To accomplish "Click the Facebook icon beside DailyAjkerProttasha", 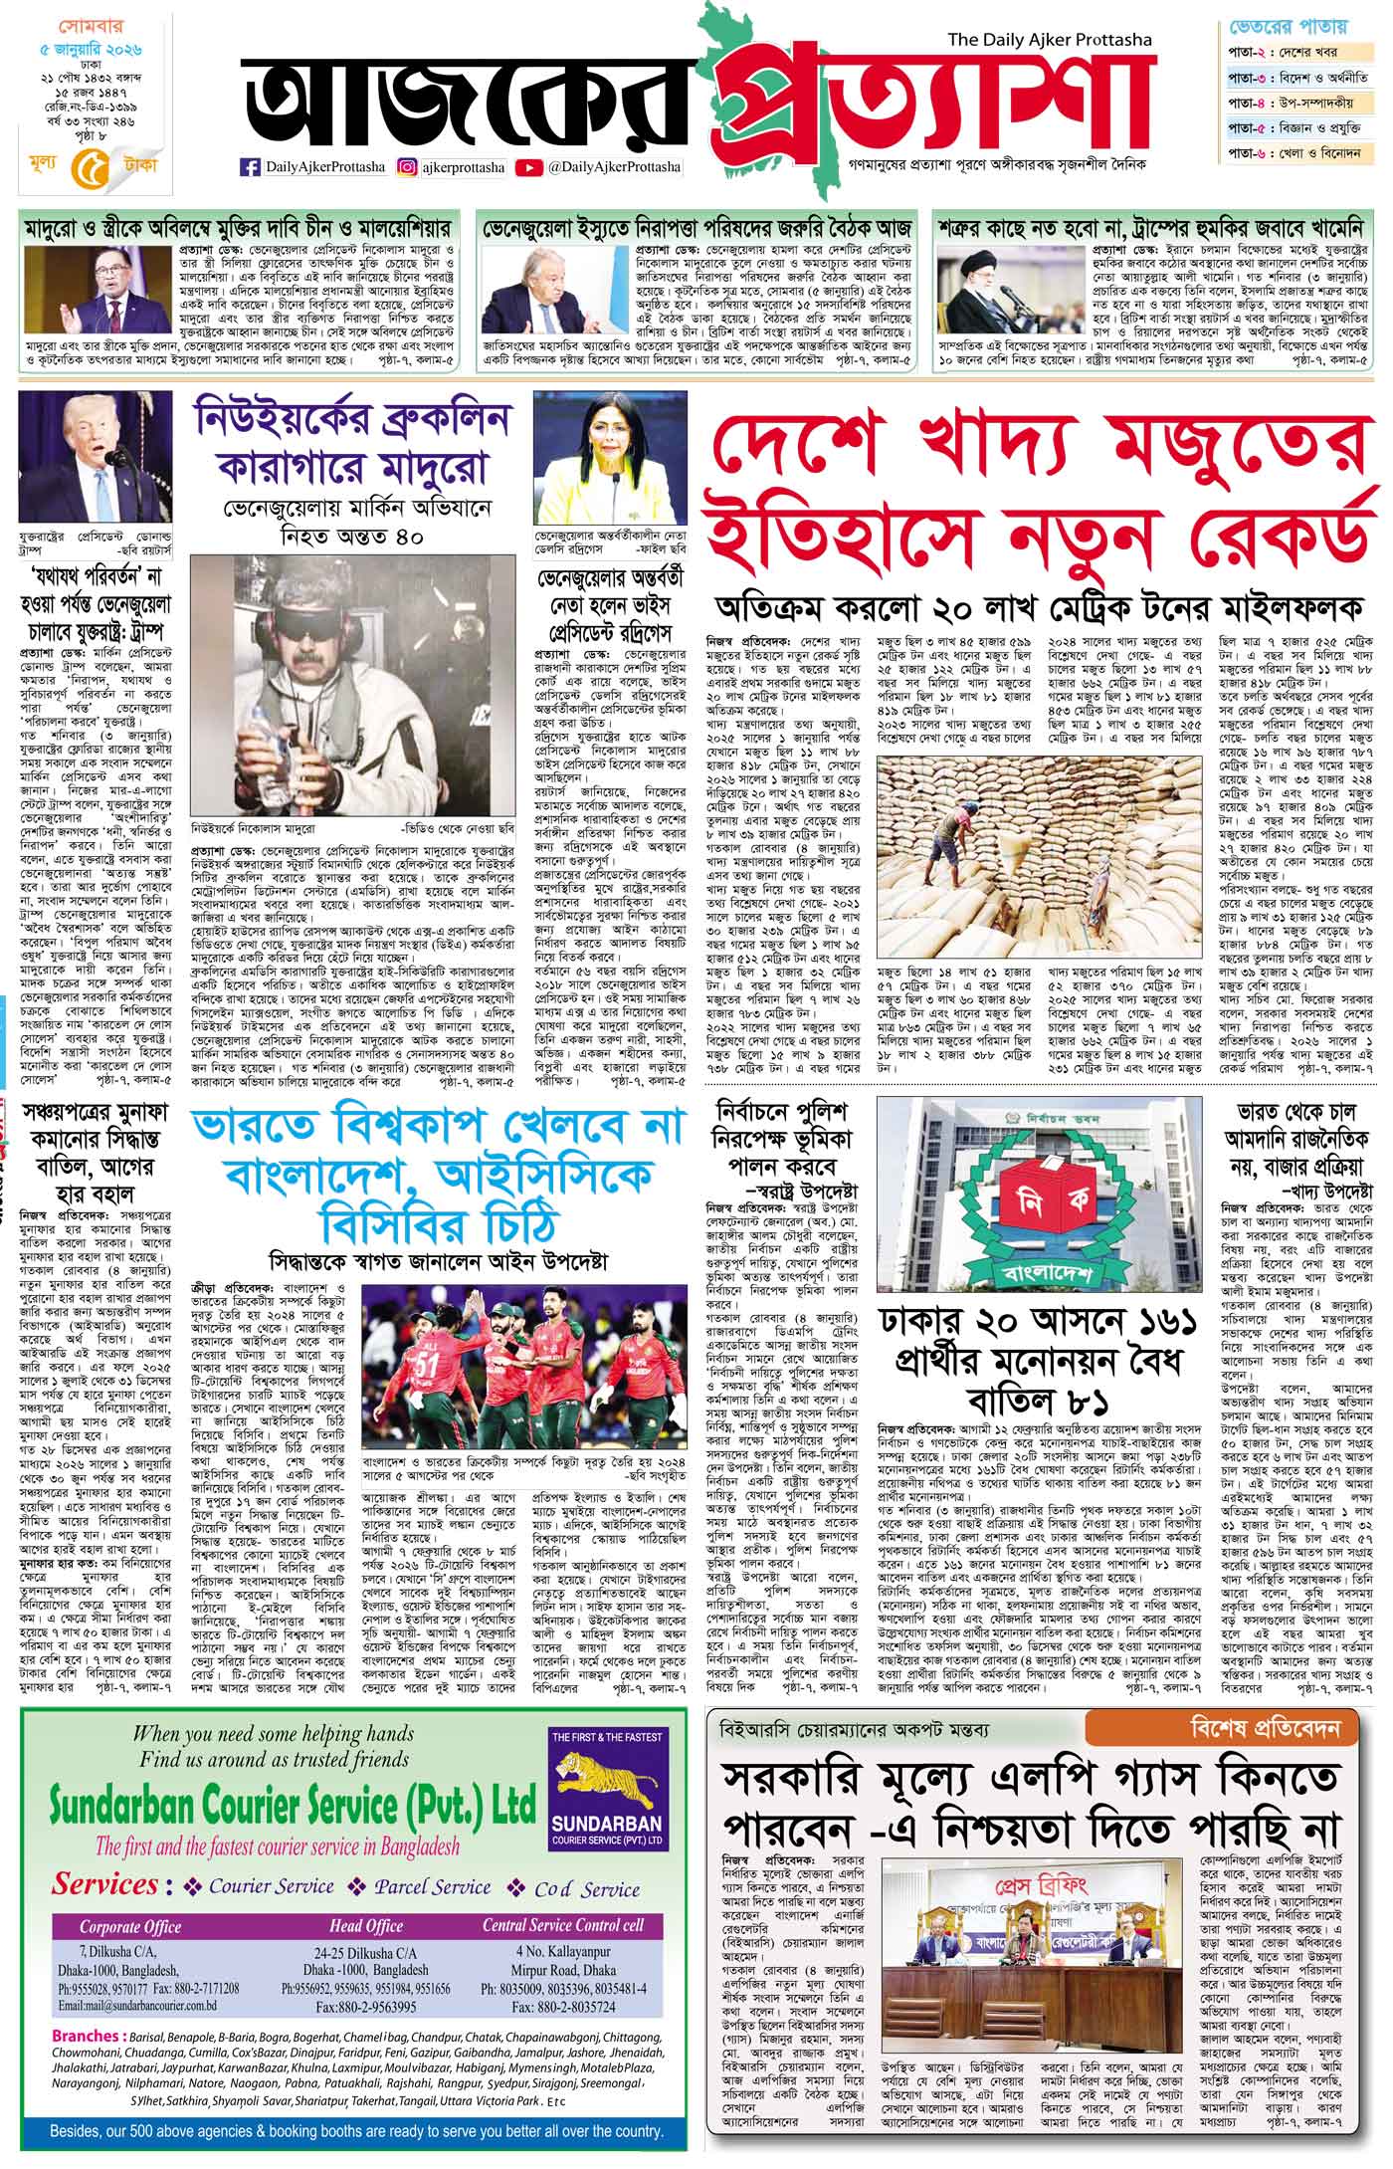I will click(x=251, y=167).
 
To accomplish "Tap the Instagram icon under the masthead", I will click(x=407, y=167).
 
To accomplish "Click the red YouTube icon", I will click(x=529, y=167).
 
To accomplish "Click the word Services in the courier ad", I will click(x=106, y=1884).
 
